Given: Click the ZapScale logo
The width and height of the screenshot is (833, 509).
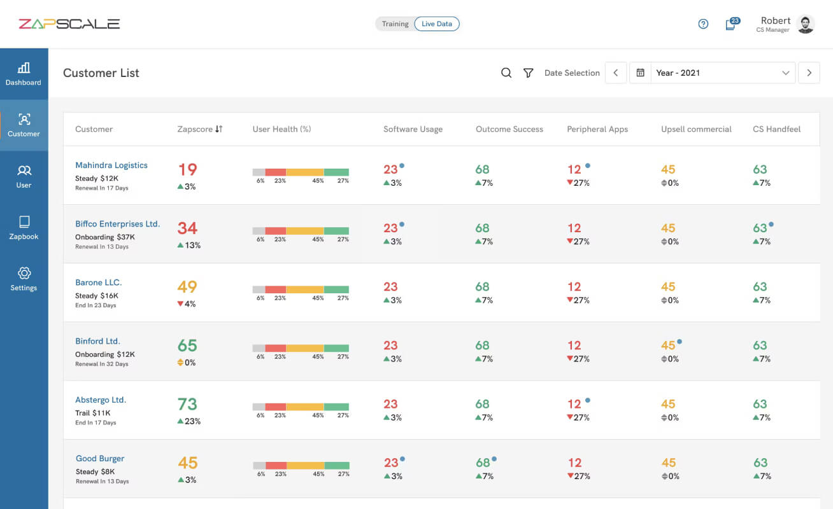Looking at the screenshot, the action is tap(69, 24).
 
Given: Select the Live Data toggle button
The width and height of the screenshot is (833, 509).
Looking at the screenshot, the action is tap(437, 24).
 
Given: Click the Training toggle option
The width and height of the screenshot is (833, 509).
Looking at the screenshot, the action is tap(395, 24).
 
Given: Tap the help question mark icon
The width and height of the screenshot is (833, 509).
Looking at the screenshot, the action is tap(703, 24).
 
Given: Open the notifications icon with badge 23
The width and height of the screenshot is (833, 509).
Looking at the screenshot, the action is tap(732, 24).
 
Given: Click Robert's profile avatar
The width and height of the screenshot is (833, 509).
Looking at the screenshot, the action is tap(806, 24).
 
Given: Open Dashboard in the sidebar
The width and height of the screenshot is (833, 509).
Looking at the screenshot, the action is tap(24, 74).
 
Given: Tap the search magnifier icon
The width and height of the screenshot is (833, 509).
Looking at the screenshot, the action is tap(506, 73).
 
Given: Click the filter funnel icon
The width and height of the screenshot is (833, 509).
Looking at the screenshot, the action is tap(528, 73).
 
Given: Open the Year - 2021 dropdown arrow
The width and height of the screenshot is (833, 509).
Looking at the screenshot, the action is tap(785, 73).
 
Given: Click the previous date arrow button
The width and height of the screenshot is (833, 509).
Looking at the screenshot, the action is tap(616, 73).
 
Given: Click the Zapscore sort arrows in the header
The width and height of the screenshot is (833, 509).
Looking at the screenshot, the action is tap(219, 129).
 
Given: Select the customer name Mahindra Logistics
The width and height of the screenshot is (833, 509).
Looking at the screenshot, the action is tap(111, 165).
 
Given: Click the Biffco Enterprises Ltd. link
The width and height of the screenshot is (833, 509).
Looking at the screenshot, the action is tap(118, 224).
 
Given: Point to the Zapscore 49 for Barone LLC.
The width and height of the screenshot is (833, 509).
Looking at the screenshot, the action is tap(187, 287).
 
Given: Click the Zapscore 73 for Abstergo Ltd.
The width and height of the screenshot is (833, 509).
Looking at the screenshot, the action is tap(187, 404).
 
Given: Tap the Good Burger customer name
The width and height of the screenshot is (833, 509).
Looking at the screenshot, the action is tap(100, 459).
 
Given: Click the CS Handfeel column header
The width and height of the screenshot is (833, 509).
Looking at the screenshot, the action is tap(776, 129).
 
